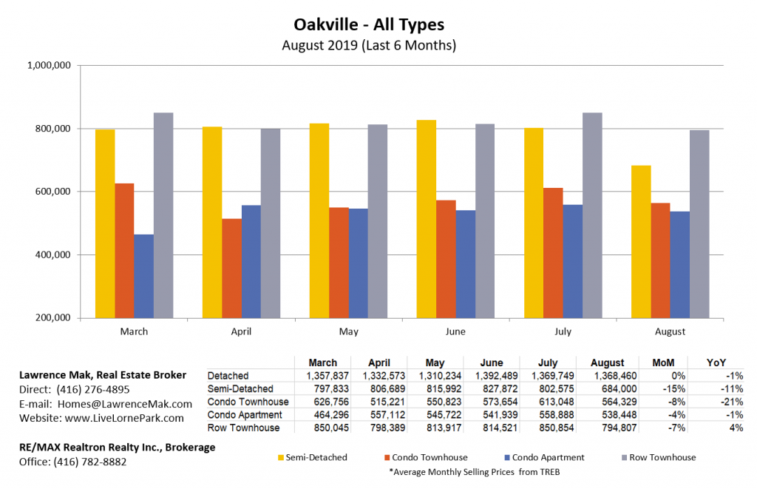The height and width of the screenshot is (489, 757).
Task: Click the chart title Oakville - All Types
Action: (378, 24)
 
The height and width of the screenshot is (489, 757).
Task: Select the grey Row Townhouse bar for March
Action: (163, 215)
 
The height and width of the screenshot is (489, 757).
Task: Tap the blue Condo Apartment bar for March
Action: (143, 276)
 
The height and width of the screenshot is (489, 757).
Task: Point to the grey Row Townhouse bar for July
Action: (592, 215)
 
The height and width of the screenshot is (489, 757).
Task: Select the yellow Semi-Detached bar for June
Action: (427, 219)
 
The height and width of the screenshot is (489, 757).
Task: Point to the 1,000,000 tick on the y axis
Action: (49, 65)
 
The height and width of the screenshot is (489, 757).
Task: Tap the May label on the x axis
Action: (348, 331)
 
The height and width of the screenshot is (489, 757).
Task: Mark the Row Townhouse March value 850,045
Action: (318, 428)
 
